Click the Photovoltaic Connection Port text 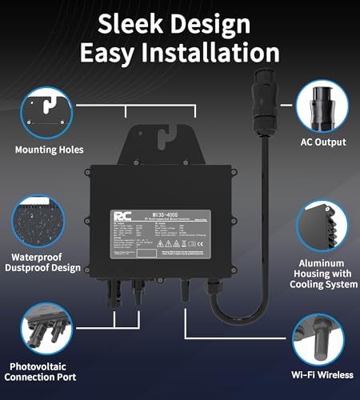(x=46, y=373)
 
